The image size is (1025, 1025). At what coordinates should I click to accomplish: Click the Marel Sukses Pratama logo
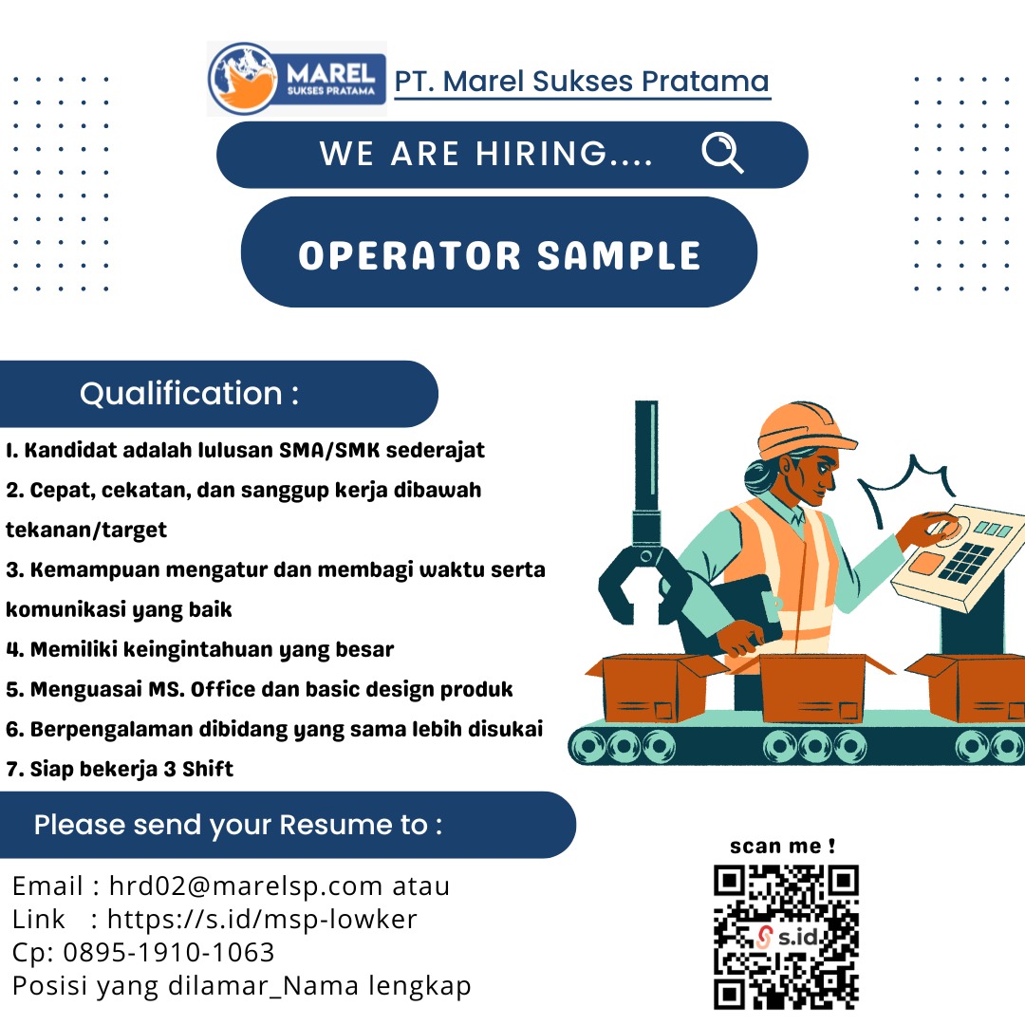297,79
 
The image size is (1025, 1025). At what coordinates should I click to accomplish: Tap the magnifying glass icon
722,153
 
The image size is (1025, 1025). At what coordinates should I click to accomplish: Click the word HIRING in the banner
541,154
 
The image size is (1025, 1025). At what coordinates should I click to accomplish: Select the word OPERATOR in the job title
410,255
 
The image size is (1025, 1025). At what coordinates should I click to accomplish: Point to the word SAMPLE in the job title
619,255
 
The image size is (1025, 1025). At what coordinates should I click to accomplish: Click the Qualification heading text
190,394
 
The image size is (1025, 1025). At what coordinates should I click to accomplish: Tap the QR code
786,936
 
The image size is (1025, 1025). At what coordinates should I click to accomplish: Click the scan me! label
782,846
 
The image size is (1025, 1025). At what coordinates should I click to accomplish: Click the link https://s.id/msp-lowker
262,919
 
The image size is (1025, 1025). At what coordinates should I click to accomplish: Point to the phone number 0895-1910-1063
169,953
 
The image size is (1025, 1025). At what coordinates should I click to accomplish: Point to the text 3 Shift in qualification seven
198,769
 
